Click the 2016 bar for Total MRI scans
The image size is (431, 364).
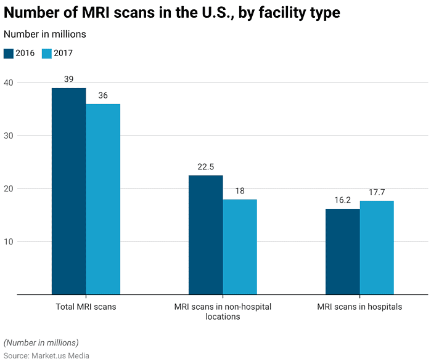[x=68, y=191]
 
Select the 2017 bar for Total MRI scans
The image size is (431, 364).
[x=103, y=199]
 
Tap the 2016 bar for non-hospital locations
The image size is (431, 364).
[x=205, y=235]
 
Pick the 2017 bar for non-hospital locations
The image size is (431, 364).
[x=240, y=246]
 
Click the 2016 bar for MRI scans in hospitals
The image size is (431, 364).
[x=342, y=251]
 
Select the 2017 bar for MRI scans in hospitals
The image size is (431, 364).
[x=377, y=248]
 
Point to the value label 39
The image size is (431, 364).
[x=68, y=79]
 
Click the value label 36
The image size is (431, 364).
[x=103, y=95]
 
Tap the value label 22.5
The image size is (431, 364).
[x=205, y=167]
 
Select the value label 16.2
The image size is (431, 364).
[x=342, y=200]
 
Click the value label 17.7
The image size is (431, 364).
[x=377, y=192]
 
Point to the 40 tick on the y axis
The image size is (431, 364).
[x=9, y=83]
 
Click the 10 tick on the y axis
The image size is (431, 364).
[x=9, y=241]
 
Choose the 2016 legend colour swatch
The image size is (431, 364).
[x=9, y=53]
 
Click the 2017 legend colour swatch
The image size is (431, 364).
[x=47, y=53]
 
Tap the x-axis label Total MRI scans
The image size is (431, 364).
[x=86, y=307]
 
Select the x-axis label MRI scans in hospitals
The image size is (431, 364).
[x=359, y=307]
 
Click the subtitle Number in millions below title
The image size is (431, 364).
[x=45, y=34]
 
